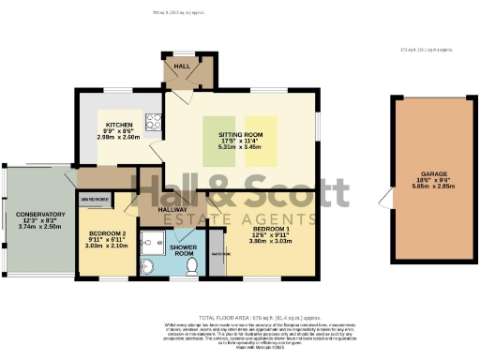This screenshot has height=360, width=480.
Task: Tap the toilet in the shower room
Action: (x=191, y=266)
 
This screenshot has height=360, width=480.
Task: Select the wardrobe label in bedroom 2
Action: (x=95, y=200)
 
